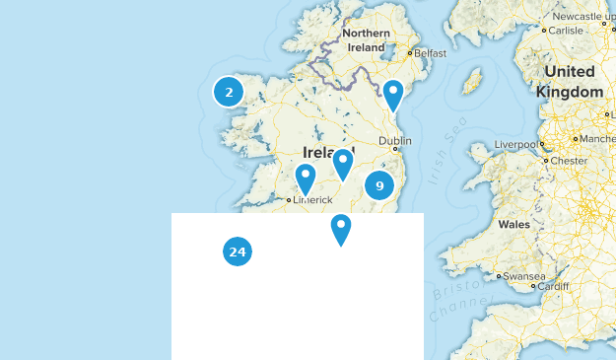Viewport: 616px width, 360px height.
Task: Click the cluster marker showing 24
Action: pos(237,252)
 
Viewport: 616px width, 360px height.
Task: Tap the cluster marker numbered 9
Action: pos(379,185)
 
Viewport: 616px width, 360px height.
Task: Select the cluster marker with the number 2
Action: pos(229,93)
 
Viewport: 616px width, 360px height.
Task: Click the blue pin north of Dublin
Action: pos(393,95)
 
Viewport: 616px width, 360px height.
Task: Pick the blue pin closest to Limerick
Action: pos(306,179)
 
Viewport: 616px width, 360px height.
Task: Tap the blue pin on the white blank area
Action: pos(341,229)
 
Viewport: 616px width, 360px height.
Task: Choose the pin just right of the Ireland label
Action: pos(343,164)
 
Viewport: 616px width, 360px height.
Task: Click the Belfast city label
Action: pos(431,53)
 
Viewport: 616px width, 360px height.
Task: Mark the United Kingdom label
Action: pos(570,82)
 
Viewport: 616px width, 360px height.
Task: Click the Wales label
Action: pos(513,225)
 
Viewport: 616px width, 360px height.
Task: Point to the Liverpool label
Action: pos(515,145)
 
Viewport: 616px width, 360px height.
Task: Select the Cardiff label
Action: pos(553,287)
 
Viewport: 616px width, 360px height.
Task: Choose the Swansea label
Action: pos(523,276)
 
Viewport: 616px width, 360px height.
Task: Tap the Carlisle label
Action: pos(566,31)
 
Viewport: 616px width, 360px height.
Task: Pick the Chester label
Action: pos(570,160)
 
